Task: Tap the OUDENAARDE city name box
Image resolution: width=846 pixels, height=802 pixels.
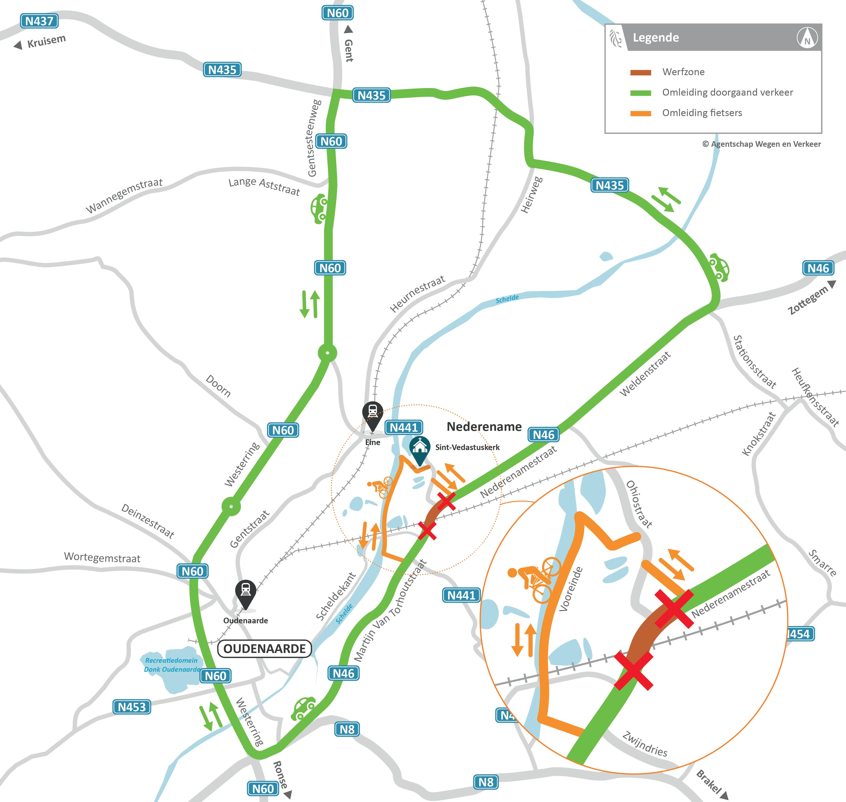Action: point(264,649)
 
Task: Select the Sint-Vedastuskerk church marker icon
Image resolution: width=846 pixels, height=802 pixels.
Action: point(420,448)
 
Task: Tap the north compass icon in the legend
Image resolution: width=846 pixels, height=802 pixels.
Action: point(807,38)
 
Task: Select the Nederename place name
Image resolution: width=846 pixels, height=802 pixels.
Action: point(484,427)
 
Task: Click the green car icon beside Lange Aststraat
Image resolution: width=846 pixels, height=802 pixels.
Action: point(319,209)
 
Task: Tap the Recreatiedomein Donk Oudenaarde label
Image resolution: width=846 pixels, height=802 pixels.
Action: point(172,665)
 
